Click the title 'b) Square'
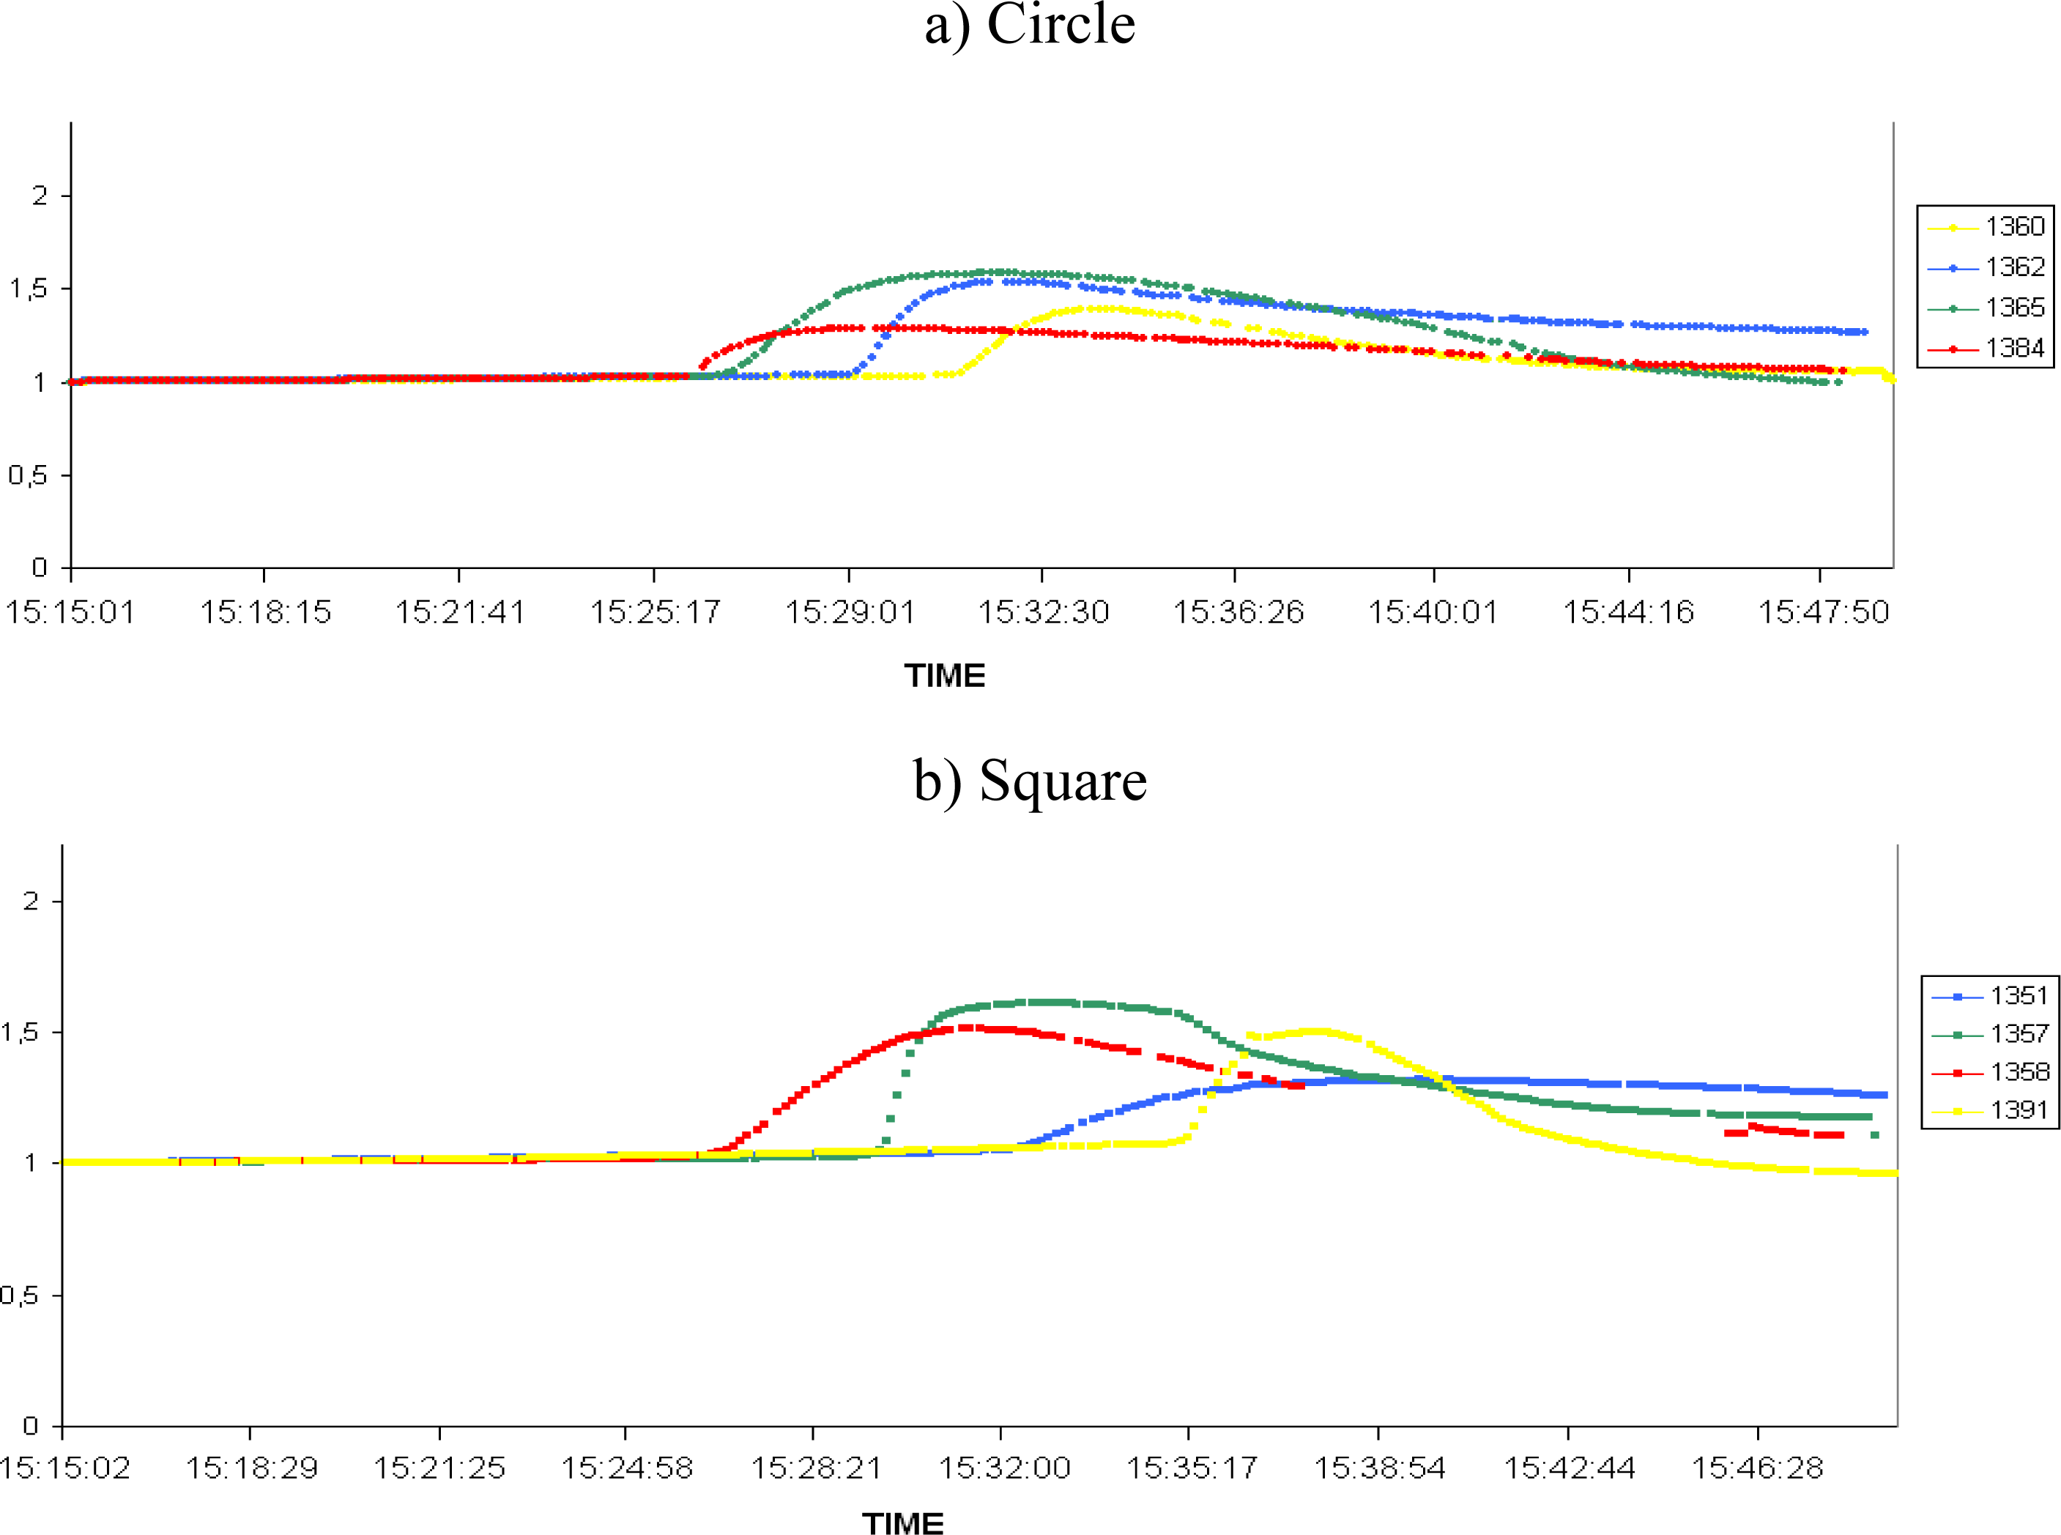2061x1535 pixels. [1030, 781]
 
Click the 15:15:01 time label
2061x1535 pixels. [70, 612]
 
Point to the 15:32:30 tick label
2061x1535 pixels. [1044, 612]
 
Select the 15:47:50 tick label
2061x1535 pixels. [1823, 612]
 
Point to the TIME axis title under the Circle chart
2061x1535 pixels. [944, 675]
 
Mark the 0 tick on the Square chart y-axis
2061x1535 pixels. [31, 1425]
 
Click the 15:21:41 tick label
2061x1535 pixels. [460, 612]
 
